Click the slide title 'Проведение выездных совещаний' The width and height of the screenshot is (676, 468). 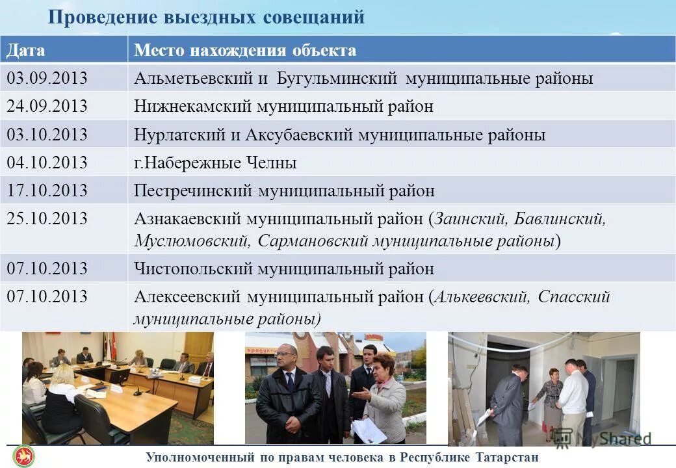206,18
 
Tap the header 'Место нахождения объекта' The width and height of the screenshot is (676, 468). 245,51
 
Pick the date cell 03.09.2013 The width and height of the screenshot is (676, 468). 47,79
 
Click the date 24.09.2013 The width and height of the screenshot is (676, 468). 47,107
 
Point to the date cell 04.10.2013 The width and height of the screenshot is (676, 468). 47,162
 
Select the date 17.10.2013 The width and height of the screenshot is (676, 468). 47,191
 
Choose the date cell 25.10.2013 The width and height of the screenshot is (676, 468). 47,219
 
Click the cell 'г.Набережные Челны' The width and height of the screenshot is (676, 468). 215,163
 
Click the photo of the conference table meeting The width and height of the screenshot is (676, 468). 118,388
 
